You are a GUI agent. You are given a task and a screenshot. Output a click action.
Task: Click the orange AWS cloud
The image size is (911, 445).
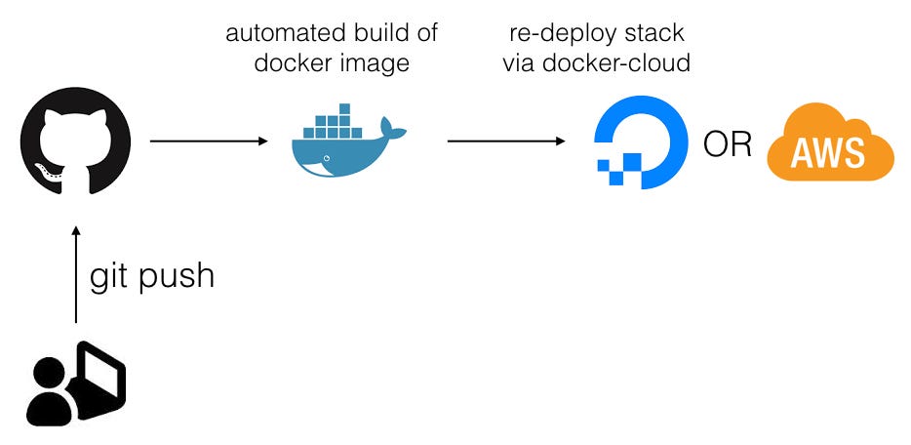pos(829,144)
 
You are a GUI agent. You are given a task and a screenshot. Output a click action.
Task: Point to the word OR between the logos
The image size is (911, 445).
pos(728,144)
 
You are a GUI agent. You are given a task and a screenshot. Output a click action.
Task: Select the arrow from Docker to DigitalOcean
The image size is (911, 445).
pos(505,142)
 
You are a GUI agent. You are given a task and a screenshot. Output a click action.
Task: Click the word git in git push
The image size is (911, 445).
pos(111,276)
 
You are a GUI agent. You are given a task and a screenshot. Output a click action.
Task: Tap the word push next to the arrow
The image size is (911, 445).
pos(178,276)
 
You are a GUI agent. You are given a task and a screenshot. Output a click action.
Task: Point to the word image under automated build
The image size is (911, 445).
pos(376,64)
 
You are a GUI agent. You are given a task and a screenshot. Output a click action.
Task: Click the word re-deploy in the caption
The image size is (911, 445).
pos(554,33)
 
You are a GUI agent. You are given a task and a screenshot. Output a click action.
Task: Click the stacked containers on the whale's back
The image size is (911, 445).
pos(337,126)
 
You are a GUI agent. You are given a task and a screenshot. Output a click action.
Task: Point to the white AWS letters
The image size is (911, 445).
pos(828,153)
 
